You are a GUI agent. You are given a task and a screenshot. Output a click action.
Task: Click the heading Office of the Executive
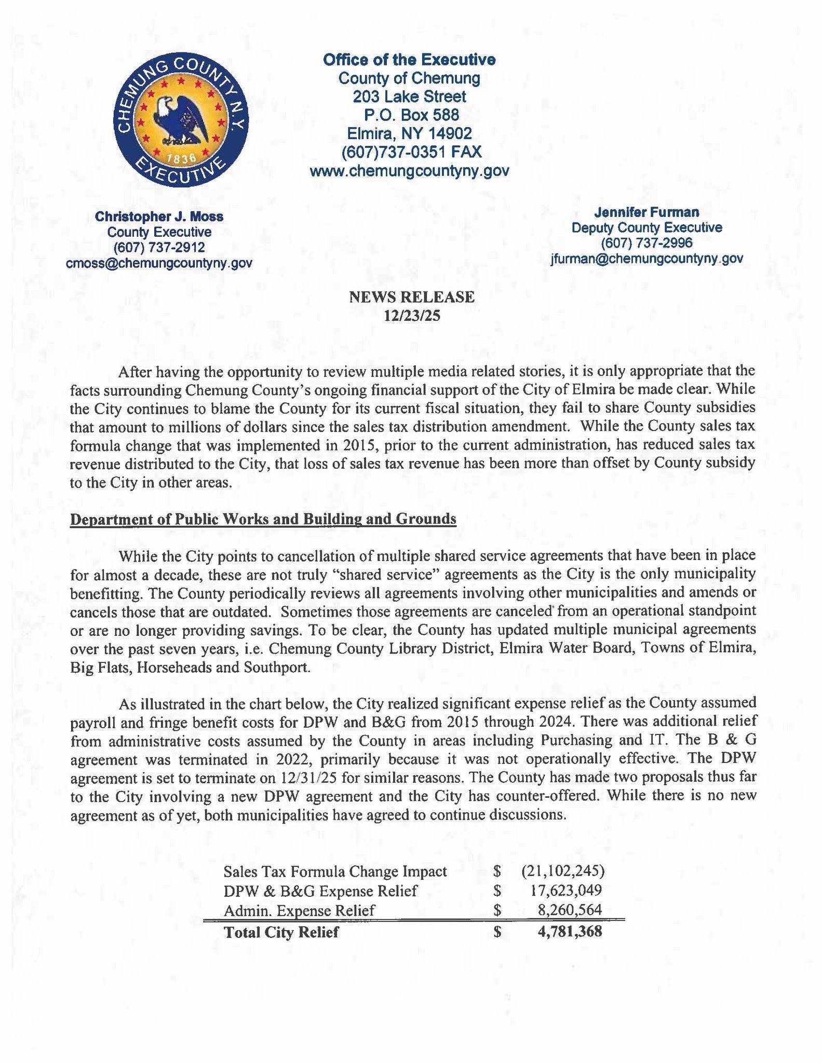(x=409, y=60)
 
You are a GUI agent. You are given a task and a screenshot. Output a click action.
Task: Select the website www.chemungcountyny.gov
(x=409, y=171)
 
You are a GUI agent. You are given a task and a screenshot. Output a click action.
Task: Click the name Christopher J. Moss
(x=159, y=216)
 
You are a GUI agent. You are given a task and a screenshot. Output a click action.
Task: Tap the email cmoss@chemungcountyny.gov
(x=159, y=263)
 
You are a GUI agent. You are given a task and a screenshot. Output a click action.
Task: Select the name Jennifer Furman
(x=646, y=212)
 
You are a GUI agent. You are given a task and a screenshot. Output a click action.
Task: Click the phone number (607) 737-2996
(x=646, y=243)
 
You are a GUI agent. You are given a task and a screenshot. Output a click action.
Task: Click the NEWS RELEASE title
(x=411, y=297)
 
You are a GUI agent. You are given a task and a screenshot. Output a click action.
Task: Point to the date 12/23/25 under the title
(x=411, y=315)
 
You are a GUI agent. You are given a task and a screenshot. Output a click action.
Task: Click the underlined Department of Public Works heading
(x=263, y=519)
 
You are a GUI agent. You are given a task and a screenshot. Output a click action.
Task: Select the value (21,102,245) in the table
(x=562, y=870)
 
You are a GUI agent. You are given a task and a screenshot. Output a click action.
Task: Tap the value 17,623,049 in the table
(x=566, y=891)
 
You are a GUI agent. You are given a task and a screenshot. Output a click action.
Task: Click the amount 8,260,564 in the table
(x=570, y=910)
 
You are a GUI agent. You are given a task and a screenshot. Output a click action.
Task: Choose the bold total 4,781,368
(x=570, y=932)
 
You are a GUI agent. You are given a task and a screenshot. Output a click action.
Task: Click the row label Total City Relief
(x=281, y=932)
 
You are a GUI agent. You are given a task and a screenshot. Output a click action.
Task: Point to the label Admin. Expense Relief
(x=299, y=910)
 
